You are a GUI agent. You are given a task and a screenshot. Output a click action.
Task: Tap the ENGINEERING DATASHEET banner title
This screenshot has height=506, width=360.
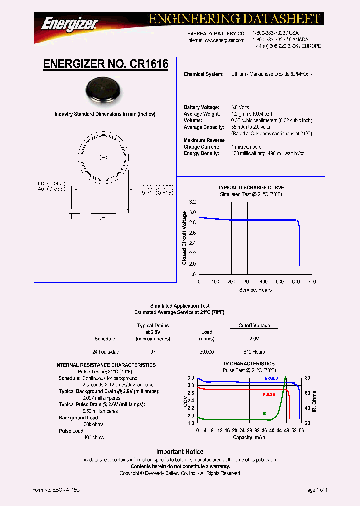234,19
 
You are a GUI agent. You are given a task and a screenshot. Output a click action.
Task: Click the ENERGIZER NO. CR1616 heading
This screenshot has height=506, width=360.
105,64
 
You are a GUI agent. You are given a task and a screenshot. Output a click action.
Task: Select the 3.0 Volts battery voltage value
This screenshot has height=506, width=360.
240,107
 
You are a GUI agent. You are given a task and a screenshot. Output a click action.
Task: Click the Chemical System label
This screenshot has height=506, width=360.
203,74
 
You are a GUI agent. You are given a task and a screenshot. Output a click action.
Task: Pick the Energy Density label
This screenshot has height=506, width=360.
201,153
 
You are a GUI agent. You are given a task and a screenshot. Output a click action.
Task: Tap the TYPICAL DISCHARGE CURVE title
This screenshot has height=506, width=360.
251,188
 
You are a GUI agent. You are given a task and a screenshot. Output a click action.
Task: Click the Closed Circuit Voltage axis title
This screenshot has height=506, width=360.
184,238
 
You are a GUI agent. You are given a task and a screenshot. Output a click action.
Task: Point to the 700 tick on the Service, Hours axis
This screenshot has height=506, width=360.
312,282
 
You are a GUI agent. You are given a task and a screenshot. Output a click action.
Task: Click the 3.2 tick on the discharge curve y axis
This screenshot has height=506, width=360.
192,202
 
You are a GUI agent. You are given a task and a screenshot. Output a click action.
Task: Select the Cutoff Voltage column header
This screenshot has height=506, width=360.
254,325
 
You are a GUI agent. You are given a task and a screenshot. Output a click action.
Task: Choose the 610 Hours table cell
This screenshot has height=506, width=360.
254,352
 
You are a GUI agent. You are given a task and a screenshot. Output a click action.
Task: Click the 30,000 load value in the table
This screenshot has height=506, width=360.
207,352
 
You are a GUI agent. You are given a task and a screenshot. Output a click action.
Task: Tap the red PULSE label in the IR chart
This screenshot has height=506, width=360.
269,394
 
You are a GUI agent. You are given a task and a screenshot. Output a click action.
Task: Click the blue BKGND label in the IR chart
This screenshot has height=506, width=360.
271,379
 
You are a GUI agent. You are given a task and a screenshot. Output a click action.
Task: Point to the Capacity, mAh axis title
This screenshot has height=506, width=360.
249,437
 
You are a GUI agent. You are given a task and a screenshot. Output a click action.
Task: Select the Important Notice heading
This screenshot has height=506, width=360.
180,452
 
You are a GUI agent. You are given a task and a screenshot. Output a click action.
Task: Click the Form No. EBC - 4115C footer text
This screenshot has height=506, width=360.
56,490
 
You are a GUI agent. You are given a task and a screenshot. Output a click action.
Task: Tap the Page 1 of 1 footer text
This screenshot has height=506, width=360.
316,490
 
